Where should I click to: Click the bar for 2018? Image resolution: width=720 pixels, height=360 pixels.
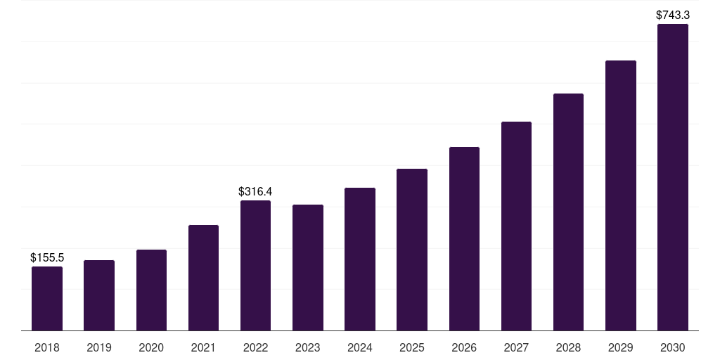47,299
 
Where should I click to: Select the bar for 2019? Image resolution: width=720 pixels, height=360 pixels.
99,295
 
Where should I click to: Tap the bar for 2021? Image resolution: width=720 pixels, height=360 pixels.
203,278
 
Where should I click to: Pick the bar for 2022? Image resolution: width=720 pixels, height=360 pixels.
255,266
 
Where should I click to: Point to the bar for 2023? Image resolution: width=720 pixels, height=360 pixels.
308,268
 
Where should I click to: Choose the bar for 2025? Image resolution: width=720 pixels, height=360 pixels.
412,250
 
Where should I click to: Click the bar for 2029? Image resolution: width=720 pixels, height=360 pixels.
620,195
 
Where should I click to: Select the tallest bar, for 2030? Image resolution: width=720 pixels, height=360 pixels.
672,177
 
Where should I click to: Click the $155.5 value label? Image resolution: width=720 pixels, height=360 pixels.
47,258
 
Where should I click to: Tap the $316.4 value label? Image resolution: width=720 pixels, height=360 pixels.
255,191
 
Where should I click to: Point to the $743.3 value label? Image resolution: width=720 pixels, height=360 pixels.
672,15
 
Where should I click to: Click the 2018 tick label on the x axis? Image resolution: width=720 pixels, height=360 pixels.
47,347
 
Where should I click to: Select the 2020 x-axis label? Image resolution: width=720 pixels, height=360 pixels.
151,347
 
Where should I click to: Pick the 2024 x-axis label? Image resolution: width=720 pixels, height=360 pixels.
360,347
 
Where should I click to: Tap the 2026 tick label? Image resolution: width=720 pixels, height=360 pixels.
464,347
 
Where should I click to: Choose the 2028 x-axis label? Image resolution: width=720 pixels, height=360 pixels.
568,347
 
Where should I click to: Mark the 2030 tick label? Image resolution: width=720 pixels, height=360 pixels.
672,347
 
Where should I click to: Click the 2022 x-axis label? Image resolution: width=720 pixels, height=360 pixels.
255,347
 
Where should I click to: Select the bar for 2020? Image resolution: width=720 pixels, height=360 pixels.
151,290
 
